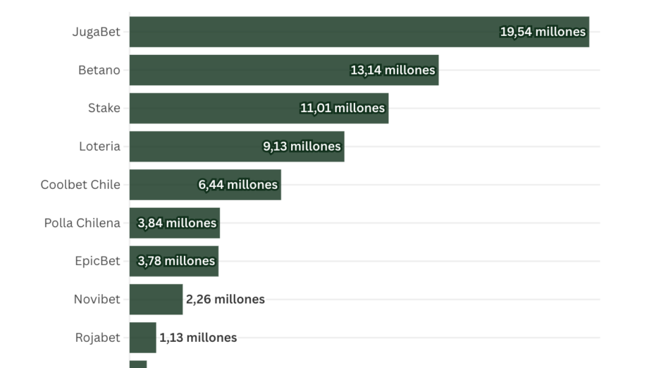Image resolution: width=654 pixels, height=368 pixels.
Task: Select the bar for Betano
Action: (240, 70)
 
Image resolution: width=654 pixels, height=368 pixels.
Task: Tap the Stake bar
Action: (211, 108)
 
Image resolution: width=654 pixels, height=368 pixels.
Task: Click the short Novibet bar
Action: (156, 299)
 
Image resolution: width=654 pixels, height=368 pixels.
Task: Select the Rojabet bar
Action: (142, 337)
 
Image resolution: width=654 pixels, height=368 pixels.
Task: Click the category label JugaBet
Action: (96, 32)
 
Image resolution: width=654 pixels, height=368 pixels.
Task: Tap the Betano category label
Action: (99, 70)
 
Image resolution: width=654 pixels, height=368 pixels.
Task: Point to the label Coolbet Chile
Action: (80, 185)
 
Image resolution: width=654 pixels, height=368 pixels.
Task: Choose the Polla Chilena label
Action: (82, 223)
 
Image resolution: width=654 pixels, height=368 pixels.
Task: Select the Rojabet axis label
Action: (98, 337)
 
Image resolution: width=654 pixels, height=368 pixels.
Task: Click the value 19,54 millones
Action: (543, 32)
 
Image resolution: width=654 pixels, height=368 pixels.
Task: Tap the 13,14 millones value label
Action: (393, 70)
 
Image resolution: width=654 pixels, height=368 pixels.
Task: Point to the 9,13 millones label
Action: (302, 146)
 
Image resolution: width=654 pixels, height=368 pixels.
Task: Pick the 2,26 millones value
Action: (226, 299)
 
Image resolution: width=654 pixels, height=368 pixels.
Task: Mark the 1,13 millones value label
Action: (198, 337)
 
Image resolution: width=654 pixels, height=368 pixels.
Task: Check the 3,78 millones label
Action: (176, 261)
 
